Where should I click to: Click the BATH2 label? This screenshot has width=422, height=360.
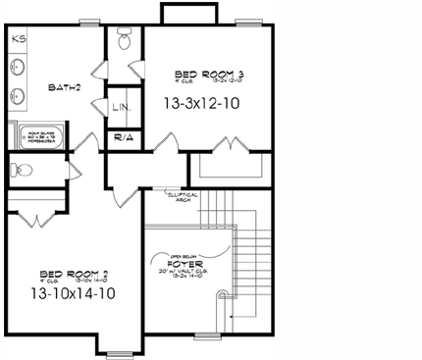click(64, 87)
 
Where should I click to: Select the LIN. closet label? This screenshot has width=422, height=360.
click(123, 107)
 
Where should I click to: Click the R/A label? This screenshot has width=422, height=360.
click(124, 138)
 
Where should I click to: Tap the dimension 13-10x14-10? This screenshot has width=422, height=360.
click(73, 292)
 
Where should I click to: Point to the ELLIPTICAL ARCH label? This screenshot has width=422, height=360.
click(183, 196)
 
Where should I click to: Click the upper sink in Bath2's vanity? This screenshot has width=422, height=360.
click(19, 68)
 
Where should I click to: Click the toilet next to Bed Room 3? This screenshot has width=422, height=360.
click(124, 40)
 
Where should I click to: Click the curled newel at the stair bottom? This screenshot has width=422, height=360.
click(222, 297)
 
